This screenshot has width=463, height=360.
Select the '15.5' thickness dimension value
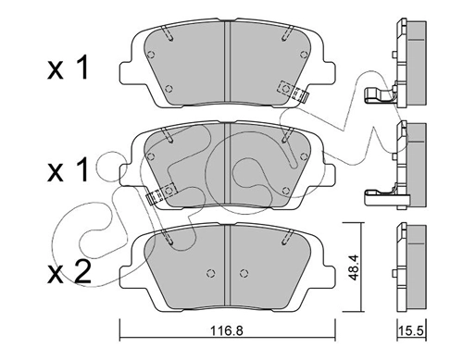410,343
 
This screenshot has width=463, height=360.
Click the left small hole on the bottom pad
210,273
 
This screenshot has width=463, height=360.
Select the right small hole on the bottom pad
244,273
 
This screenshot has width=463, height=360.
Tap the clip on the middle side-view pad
382,193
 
